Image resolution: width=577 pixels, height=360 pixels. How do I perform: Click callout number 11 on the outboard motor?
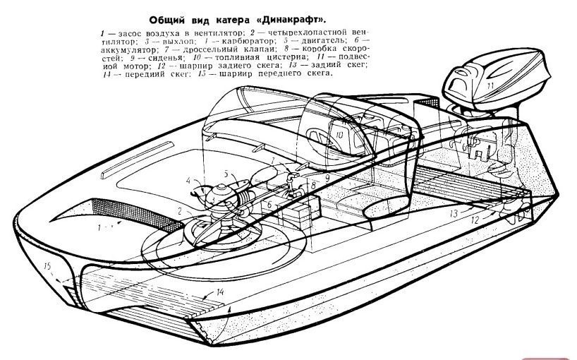coord(490,87)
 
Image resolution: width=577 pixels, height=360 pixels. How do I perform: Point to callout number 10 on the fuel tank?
coord(339,135)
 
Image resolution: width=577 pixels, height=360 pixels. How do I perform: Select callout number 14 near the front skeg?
coord(220,292)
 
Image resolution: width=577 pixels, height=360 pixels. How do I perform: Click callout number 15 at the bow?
coord(47,266)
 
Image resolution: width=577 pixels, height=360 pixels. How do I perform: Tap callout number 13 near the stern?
coord(454,213)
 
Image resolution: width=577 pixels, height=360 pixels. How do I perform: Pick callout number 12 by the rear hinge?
coord(475,220)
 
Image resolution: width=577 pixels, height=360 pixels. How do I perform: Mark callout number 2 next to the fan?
coord(180,211)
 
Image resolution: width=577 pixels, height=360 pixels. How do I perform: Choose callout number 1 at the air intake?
coord(99,227)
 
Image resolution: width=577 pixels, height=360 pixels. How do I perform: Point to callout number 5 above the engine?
coord(226,173)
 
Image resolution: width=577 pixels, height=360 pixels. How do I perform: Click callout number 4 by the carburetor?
coord(188,181)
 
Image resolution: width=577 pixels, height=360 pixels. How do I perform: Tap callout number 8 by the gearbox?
coord(312,185)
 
